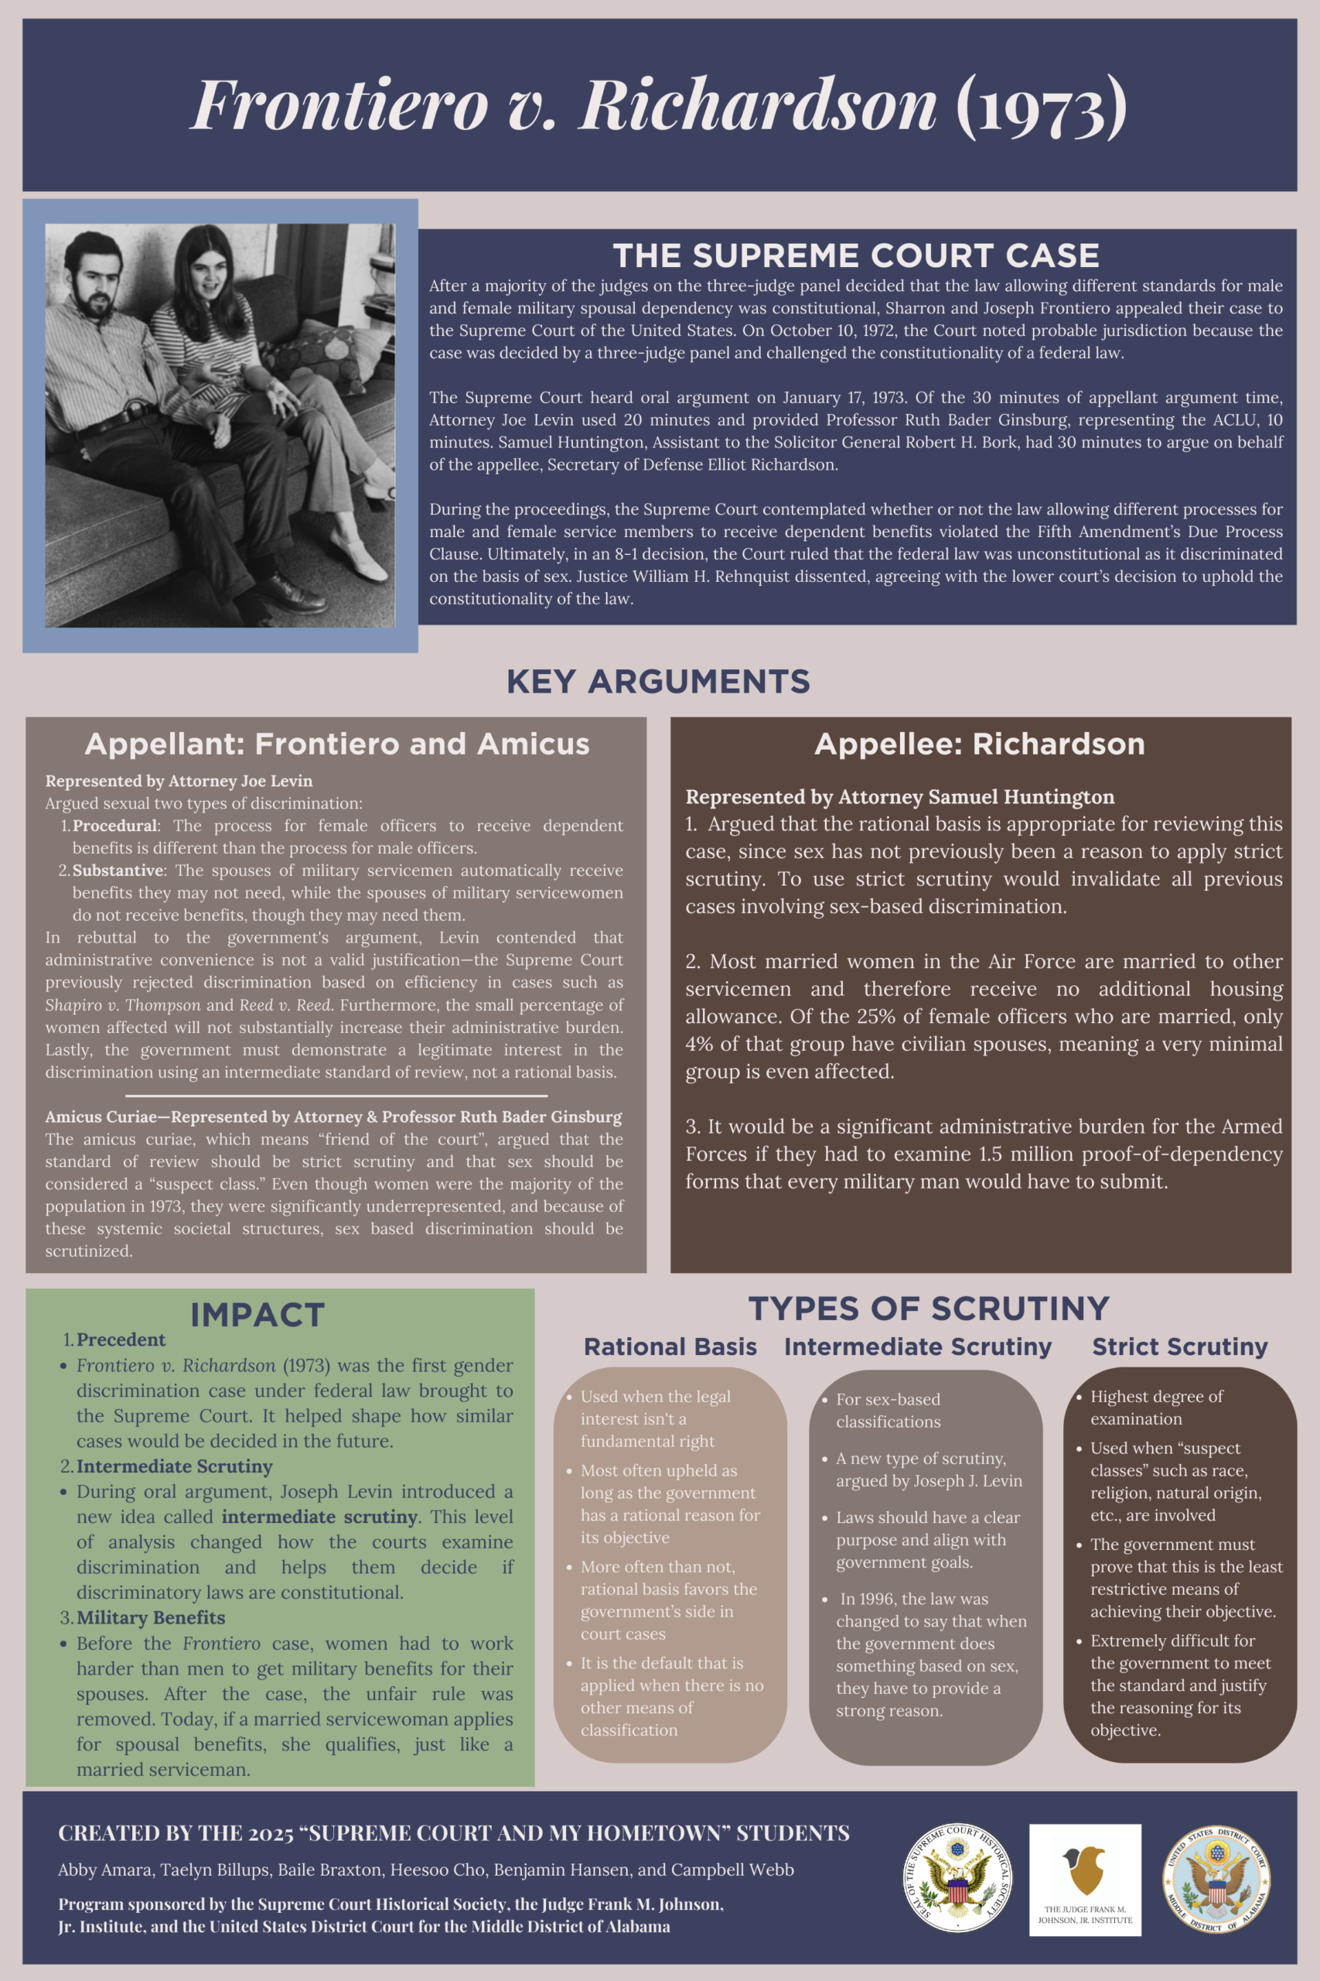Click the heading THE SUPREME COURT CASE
pyautogui.click(x=855, y=255)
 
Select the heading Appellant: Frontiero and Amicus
pyautogui.click(x=336, y=744)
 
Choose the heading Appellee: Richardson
pyautogui.click(x=979, y=744)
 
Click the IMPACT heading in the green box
pyautogui.click(x=257, y=1315)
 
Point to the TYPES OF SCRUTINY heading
pyautogui.click(x=928, y=1308)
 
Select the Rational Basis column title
pyautogui.click(x=670, y=1346)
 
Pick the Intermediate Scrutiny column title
pyautogui.click(x=918, y=1346)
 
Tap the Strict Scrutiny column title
pyautogui.click(x=1179, y=1346)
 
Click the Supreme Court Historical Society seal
pyautogui.click(x=957, y=1877)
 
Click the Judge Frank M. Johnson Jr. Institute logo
pyautogui.click(x=1084, y=1879)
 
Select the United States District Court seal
pyautogui.click(x=1216, y=1879)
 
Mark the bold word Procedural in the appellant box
pyautogui.click(x=114, y=826)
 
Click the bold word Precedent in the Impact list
pyautogui.click(x=121, y=1339)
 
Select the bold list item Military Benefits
pyautogui.click(x=151, y=1617)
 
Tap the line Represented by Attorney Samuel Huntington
pyautogui.click(x=899, y=797)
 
